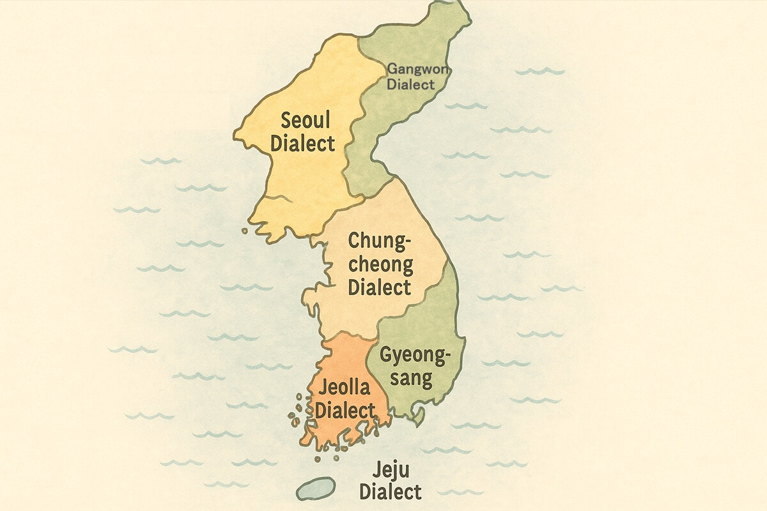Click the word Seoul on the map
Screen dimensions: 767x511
coord(302,119)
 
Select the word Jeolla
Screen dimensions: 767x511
coord(343,389)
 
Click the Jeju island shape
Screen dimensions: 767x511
coord(316,487)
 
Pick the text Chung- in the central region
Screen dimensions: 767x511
coord(379,241)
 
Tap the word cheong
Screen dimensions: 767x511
coord(380,264)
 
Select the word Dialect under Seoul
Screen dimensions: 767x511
coord(302,143)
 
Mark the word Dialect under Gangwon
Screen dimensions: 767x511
coord(411,84)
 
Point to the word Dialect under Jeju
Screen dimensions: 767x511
coord(390,492)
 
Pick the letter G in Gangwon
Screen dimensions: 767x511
coord(392,69)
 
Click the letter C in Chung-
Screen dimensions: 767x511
coord(354,241)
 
